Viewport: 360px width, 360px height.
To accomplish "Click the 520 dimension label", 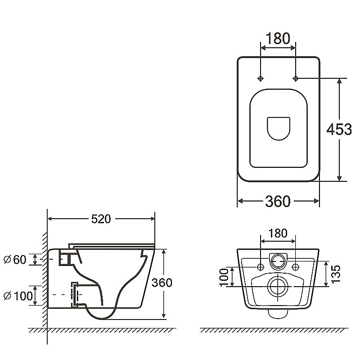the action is [x=101, y=219].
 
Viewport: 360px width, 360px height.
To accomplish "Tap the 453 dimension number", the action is [x=339, y=129].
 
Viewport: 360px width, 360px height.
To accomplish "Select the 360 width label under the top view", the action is [x=278, y=201].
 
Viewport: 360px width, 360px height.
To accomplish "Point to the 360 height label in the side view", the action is [x=162, y=283].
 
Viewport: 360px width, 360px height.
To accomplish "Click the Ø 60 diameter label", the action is [x=15, y=260].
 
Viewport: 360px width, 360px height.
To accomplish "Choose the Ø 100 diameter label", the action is [x=18, y=296].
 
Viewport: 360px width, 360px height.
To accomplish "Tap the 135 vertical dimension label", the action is [x=335, y=274].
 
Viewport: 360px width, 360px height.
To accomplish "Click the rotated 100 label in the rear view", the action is [x=224, y=278].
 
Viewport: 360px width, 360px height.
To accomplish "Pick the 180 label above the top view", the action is [x=278, y=38].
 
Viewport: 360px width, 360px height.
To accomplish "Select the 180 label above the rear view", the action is [x=278, y=233].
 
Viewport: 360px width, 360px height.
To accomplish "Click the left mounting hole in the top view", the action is [x=261, y=78].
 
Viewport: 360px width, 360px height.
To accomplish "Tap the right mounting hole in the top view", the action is [x=296, y=78].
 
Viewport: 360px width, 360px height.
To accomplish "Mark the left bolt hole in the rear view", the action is [x=261, y=267].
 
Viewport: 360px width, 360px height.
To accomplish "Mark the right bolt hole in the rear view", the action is [x=296, y=267].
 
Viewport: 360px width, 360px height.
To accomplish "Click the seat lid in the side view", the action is [x=112, y=246].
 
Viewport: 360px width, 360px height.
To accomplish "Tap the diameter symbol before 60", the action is [x=7, y=260].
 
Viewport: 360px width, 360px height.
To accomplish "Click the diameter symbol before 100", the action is [x=7, y=296].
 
